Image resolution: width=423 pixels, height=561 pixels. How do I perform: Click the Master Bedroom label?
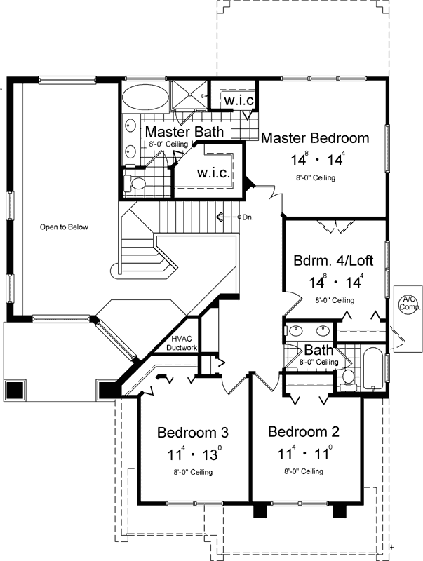[315, 138]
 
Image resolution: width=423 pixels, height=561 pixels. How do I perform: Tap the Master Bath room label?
[184, 132]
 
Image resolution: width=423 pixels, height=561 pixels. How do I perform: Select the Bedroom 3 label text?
[192, 432]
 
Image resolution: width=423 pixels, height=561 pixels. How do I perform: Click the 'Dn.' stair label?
[247, 217]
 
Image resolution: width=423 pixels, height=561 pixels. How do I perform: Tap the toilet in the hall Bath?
[347, 379]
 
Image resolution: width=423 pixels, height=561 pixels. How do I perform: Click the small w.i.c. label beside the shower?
[239, 100]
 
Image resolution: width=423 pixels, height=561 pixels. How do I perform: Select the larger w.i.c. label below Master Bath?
[212, 173]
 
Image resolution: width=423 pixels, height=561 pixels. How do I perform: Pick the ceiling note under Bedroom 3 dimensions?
[192, 472]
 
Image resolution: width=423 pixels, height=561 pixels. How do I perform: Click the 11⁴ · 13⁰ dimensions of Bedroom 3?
[192, 454]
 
